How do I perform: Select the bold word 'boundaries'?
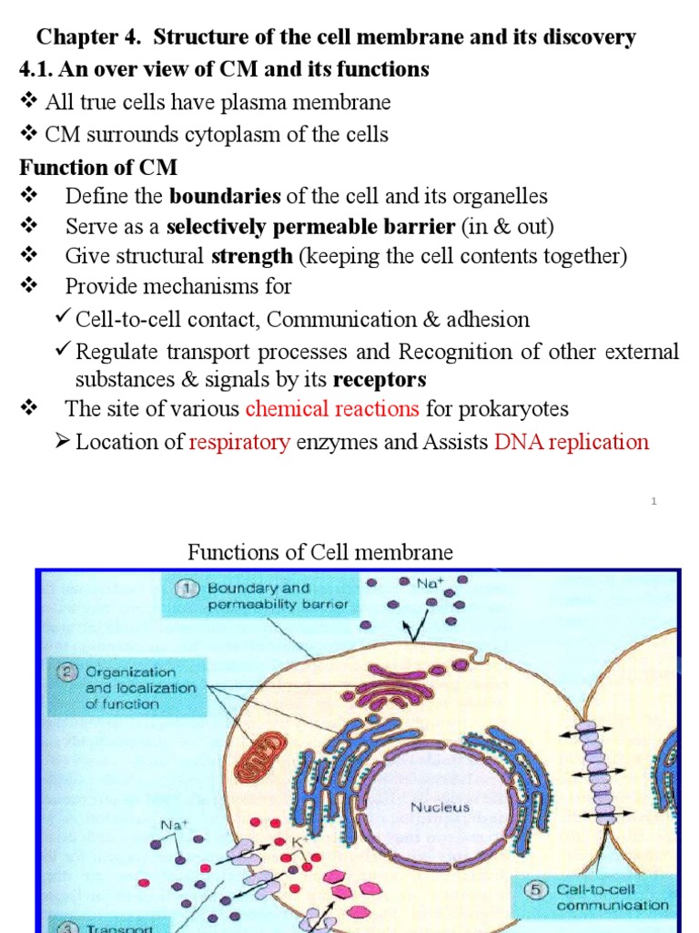pyautogui.click(x=226, y=196)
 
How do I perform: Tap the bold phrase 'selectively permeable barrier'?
pyautogui.click(x=311, y=226)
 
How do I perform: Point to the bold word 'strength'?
pyautogui.click(x=251, y=256)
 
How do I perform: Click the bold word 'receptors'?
pyautogui.click(x=380, y=379)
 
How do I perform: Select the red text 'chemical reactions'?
pyautogui.click(x=332, y=408)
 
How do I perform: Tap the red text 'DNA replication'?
pyautogui.click(x=572, y=443)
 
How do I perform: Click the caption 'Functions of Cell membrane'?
pyautogui.click(x=319, y=552)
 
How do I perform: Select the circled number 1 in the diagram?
pyautogui.click(x=187, y=589)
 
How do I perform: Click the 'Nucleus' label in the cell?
pyautogui.click(x=440, y=806)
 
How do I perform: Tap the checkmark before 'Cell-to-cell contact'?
pyautogui.click(x=63, y=318)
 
